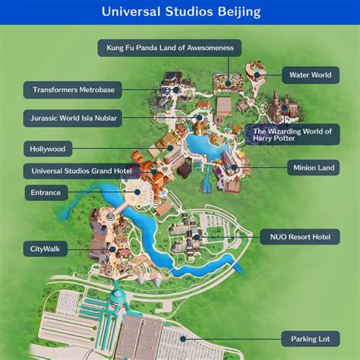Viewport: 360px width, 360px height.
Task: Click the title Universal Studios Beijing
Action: tap(180, 12)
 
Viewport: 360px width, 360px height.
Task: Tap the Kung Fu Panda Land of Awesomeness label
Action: tap(169, 48)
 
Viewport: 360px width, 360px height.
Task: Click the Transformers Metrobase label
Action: tap(74, 90)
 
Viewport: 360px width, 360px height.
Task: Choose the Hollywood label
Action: tap(47, 149)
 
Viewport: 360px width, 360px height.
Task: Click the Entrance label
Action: tap(46, 193)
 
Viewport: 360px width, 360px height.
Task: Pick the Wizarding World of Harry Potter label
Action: tap(292, 135)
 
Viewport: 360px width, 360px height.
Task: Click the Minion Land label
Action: tap(309, 167)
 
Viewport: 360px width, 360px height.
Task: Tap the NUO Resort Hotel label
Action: tap(299, 238)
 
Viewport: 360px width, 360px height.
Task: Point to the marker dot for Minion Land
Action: tap(235, 167)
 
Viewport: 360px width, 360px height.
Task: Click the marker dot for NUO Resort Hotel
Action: tap(196, 238)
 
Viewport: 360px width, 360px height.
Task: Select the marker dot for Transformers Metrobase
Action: tap(175, 90)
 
